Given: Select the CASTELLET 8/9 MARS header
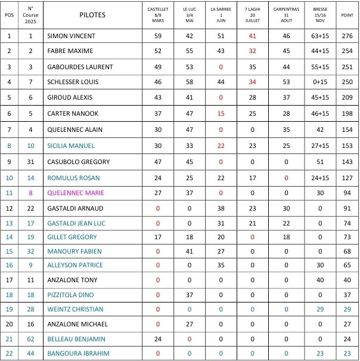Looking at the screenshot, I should (x=158, y=15).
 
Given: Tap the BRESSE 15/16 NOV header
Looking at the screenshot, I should (x=320, y=15).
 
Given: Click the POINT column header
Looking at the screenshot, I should (x=347, y=15).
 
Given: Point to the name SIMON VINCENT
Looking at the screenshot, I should (x=71, y=36).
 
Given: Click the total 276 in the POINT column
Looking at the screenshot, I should (x=347, y=36).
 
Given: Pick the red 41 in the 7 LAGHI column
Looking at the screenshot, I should (x=253, y=36).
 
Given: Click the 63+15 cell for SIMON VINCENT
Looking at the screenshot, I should (x=320, y=36).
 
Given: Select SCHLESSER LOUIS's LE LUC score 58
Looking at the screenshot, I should (x=190, y=82).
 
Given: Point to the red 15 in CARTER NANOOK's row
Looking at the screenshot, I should (x=221, y=113).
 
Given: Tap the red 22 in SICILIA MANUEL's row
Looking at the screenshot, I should (x=221, y=146).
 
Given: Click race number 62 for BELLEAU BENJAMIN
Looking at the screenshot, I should (x=31, y=339).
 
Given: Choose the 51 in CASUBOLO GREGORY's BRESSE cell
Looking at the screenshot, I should (x=320, y=162).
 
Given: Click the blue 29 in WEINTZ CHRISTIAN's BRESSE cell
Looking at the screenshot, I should (x=320, y=310).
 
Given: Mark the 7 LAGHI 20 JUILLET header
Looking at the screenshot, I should (x=253, y=15).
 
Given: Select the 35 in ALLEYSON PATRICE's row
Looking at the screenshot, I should (x=221, y=265).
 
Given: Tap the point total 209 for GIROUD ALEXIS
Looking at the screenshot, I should (x=347, y=97).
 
